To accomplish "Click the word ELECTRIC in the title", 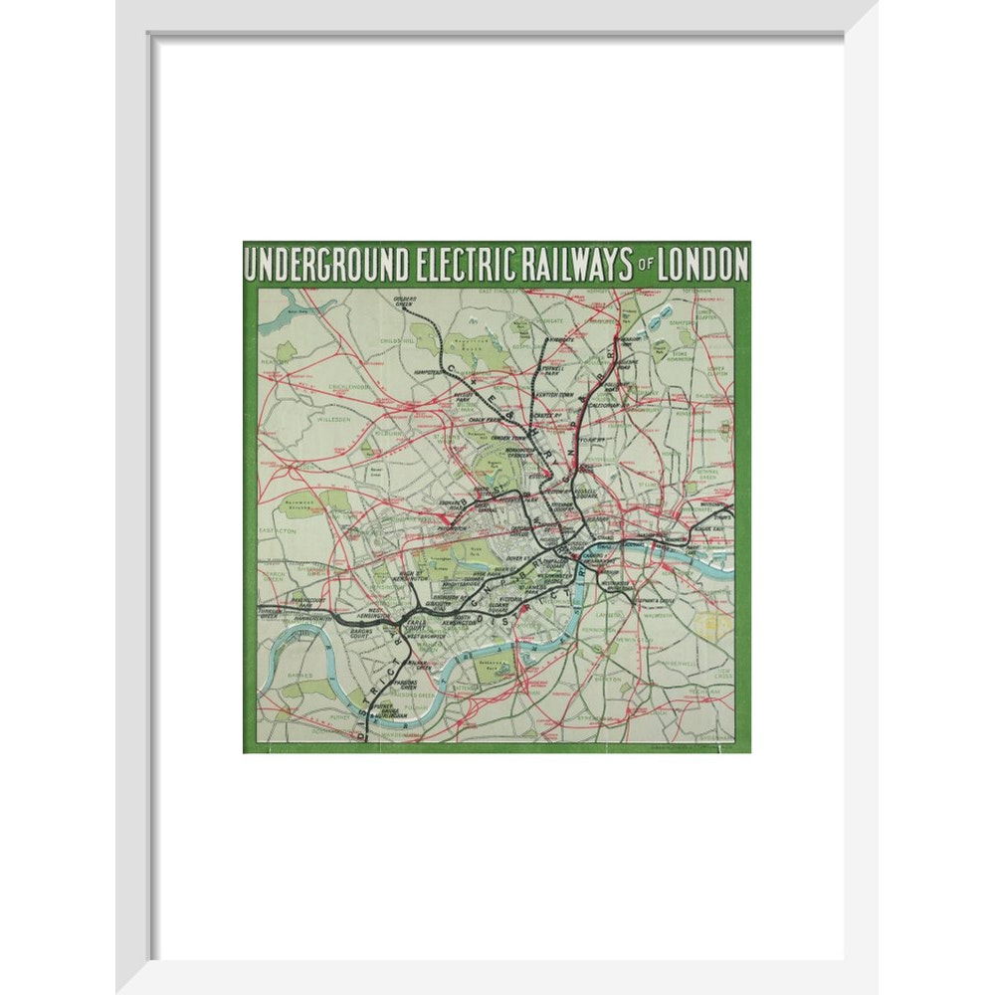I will [464, 266].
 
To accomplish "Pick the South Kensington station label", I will [466, 622].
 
